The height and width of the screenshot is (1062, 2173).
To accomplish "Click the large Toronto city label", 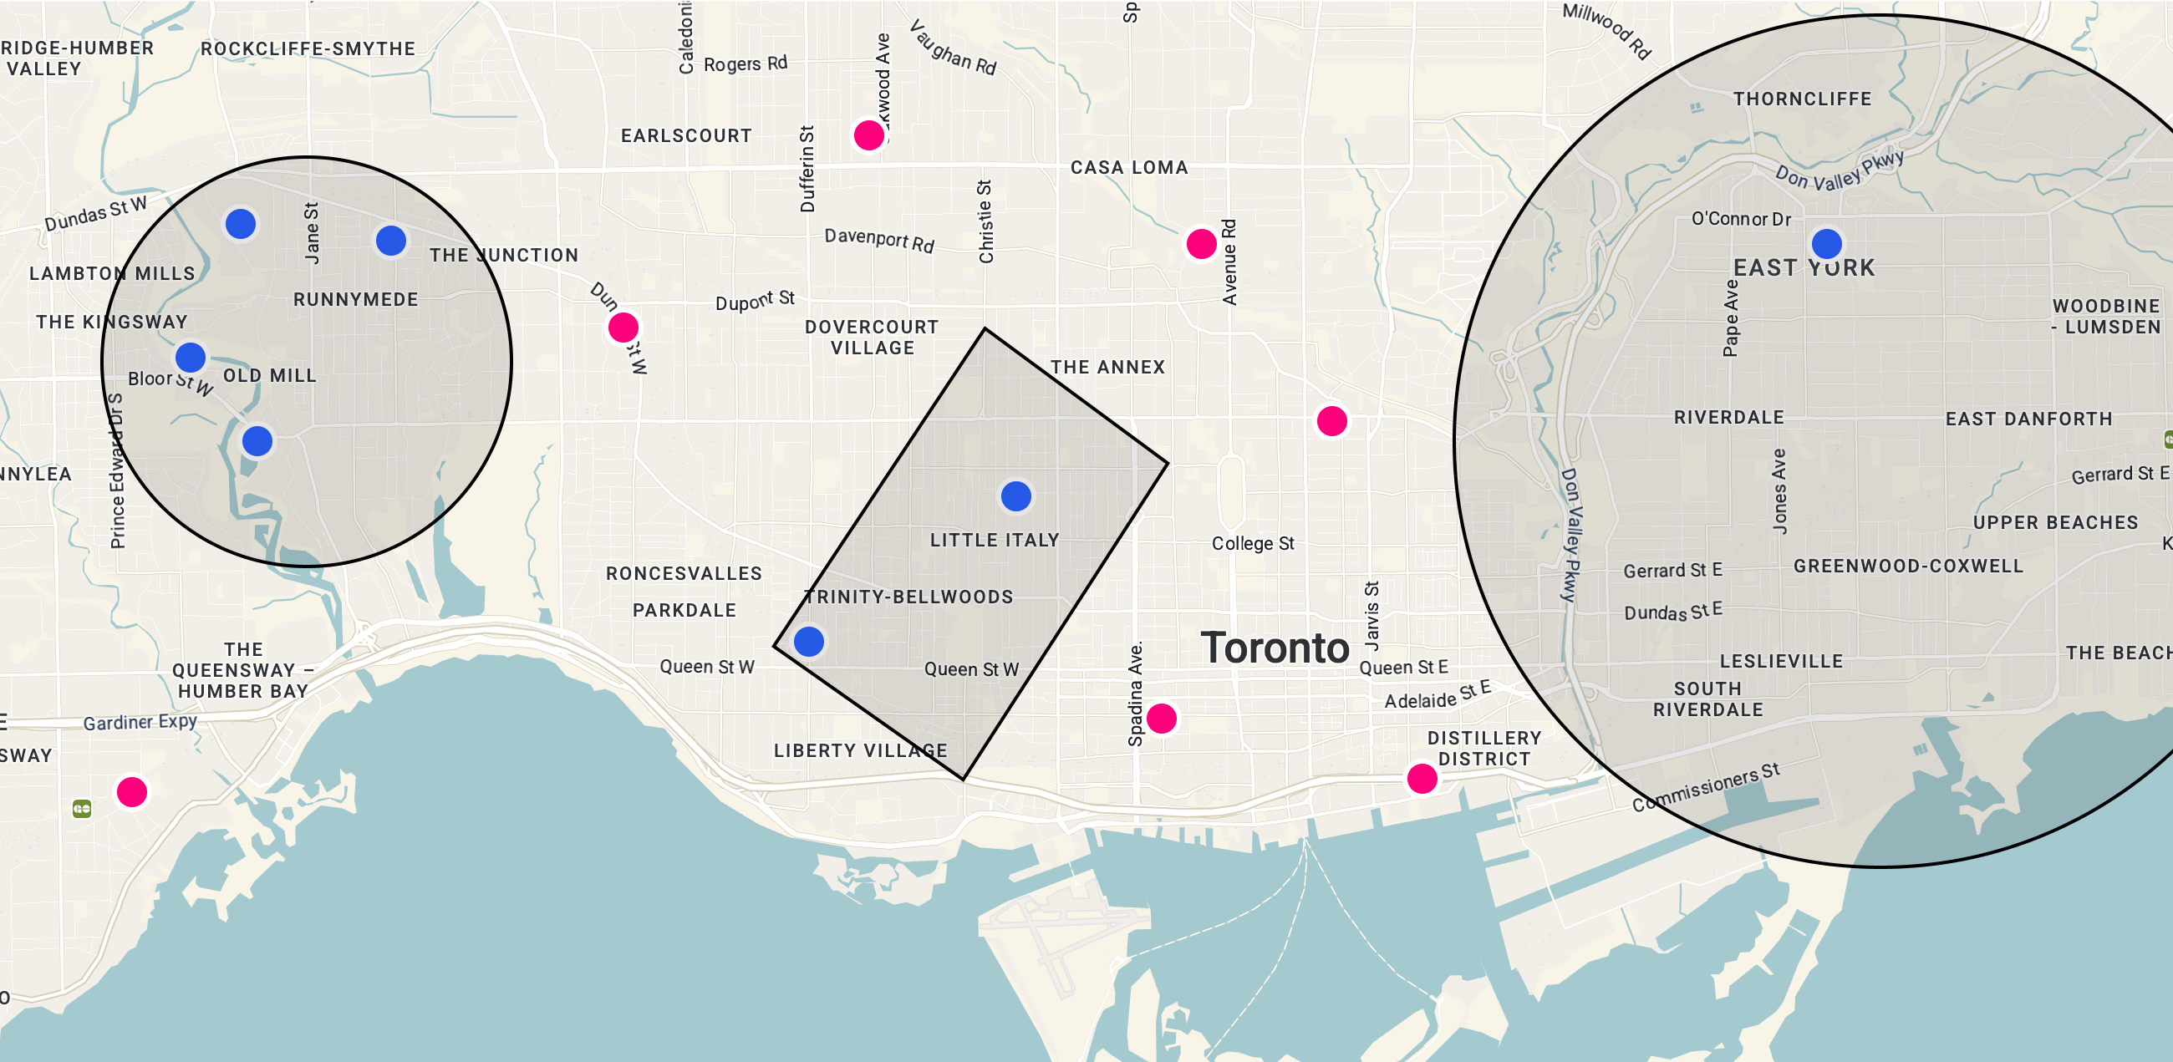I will (1275, 648).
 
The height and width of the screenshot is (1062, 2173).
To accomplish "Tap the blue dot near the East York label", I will (1826, 244).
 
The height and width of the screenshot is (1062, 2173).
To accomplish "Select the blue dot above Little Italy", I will (1015, 496).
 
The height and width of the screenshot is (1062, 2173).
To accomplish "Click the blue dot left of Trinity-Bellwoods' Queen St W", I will (808, 642).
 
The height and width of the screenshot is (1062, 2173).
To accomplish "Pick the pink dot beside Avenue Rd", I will (1201, 245).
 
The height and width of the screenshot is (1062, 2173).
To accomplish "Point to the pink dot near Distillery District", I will (1422, 779).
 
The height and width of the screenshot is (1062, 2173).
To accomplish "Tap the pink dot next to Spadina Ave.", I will (1162, 719).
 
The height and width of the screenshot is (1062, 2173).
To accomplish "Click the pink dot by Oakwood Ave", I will (868, 135).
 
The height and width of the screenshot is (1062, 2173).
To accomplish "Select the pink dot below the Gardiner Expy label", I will (131, 792).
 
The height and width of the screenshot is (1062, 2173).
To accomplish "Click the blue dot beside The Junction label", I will (390, 241).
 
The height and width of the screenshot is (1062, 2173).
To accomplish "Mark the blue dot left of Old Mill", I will (191, 358).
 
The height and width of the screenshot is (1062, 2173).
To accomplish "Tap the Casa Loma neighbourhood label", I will (1128, 168).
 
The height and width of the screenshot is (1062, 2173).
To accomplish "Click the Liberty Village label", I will (861, 750).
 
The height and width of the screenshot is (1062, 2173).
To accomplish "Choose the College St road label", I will (1253, 544).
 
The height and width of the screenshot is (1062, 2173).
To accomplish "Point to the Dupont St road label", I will (755, 300).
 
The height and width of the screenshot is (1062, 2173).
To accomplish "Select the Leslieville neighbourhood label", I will (1781, 661).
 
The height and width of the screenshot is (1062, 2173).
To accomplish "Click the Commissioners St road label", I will (1706, 788).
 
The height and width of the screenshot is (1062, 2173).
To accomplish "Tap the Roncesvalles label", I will (684, 573).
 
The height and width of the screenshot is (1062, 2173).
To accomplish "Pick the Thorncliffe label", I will (1802, 99).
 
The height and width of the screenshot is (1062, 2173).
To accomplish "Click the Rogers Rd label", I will (745, 64).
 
